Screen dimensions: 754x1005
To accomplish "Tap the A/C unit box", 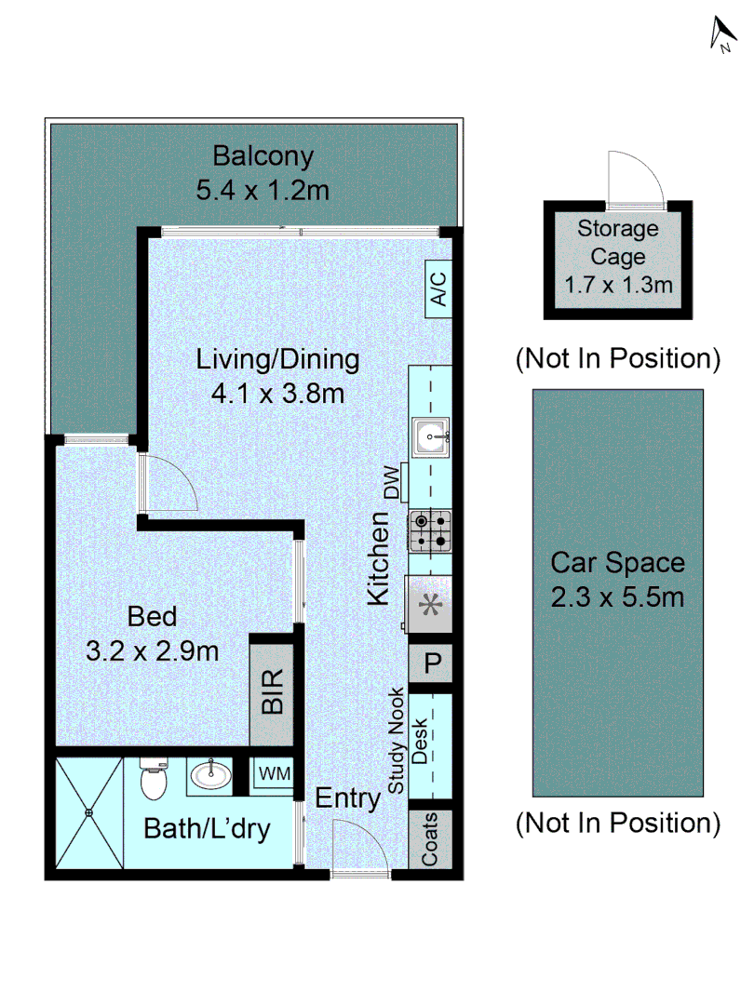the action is [x=438, y=288].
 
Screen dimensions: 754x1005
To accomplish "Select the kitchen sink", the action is [x=430, y=437].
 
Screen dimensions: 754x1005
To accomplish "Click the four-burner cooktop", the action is [x=430, y=531].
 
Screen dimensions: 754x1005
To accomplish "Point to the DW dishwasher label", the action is [x=393, y=483].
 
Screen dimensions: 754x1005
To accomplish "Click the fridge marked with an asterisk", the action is [x=428, y=605].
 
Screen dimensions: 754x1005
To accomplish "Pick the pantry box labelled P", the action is [x=431, y=663].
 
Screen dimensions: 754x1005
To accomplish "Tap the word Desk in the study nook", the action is [x=419, y=741].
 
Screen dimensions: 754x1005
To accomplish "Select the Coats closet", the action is [x=430, y=839].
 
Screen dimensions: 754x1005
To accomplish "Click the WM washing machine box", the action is [x=275, y=773].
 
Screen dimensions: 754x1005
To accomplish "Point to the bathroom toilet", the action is [x=154, y=778].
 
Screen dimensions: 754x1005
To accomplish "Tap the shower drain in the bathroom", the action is [x=89, y=812].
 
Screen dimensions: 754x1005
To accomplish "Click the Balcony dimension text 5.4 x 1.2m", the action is [x=263, y=191].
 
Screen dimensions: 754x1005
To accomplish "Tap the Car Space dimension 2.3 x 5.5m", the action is [x=617, y=597].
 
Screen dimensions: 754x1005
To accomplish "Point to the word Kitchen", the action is [x=378, y=558].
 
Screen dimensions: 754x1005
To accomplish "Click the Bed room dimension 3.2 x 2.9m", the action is [x=153, y=651].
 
